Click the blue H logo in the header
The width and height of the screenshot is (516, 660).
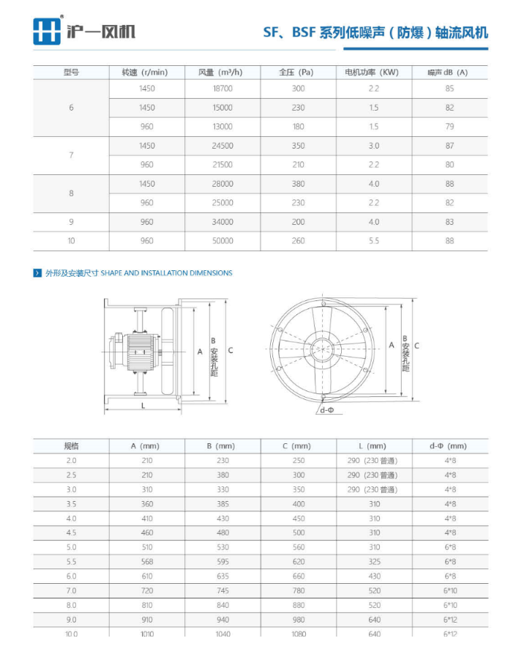[x=47, y=31]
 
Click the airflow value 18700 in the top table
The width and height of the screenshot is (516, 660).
[x=222, y=89]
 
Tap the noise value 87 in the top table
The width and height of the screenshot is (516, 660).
[x=449, y=146]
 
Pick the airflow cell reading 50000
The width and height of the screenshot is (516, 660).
[x=222, y=241]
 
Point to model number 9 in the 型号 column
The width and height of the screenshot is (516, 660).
[x=71, y=222]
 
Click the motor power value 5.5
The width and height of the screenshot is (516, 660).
[x=373, y=241]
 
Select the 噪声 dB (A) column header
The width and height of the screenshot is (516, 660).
[x=447, y=72]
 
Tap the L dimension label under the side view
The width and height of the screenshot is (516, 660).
[x=143, y=404]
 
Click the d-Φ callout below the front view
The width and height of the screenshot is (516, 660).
[x=326, y=410]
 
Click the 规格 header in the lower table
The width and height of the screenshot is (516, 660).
[x=71, y=445]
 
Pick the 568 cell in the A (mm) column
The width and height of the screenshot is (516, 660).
[x=147, y=561]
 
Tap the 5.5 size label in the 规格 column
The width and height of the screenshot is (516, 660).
[x=71, y=561]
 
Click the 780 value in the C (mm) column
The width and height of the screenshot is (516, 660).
[x=298, y=590]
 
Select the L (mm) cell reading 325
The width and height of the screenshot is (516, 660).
[x=374, y=561]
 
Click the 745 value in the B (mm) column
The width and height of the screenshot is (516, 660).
[x=223, y=590]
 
